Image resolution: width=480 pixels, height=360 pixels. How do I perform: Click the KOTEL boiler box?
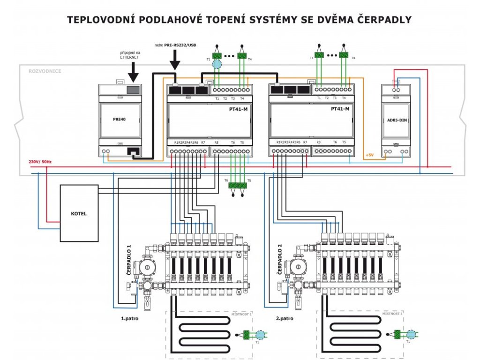coord(79,213)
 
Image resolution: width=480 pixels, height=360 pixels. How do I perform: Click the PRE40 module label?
coord(120,119)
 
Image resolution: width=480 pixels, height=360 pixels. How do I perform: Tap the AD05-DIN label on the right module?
coord(396,120)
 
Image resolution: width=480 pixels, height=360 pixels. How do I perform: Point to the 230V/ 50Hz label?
coord(40,162)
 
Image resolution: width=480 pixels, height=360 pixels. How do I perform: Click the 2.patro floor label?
coord(285,317)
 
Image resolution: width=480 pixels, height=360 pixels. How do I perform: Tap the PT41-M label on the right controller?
coord(340,109)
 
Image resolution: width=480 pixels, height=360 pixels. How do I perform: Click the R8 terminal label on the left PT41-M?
coord(216,142)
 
